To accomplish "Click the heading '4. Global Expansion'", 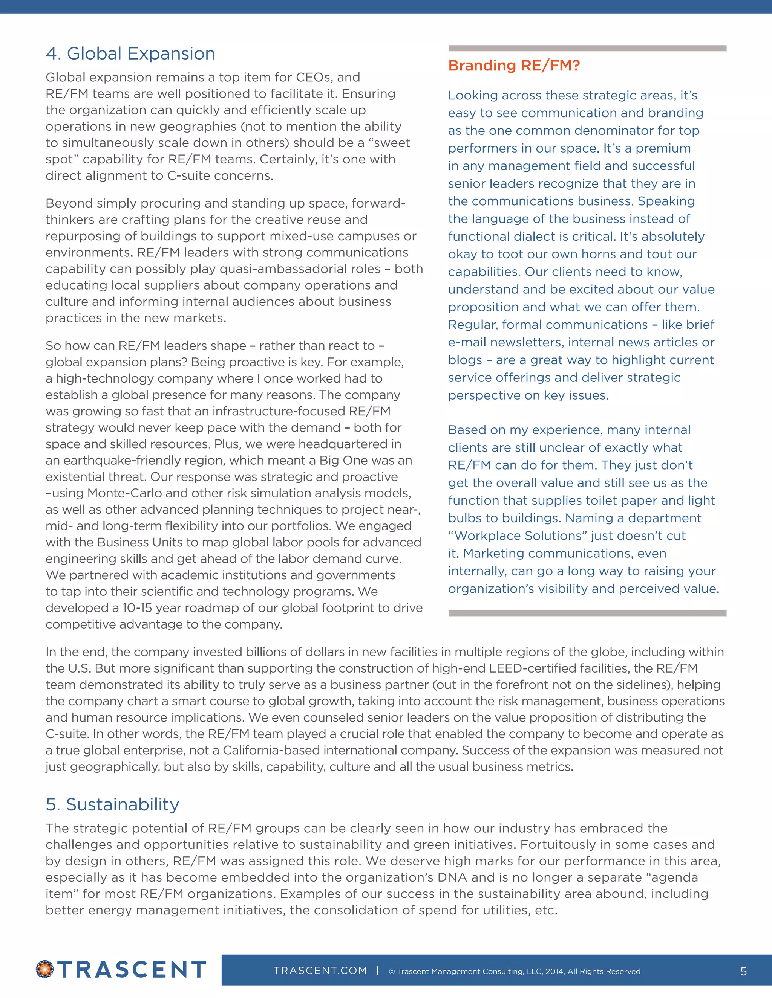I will point(130,53).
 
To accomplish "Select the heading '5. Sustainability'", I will point(112,804).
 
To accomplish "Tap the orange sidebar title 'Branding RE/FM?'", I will point(514,66).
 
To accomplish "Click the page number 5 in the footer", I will point(744,971).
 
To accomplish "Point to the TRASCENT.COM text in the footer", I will point(320,971).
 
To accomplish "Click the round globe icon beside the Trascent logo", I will point(45,969).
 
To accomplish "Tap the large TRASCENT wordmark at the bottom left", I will point(132,969).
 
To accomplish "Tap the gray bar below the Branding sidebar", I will point(587,613).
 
